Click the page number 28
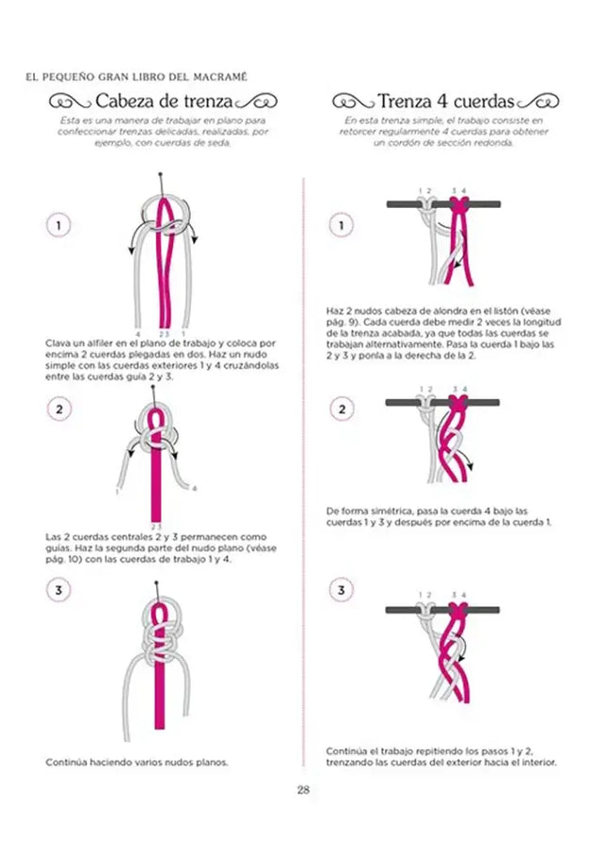[303, 789]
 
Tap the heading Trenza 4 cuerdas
[447, 101]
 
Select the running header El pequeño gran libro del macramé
[137, 75]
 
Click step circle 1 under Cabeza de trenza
[58, 226]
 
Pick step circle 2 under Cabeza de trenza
[58, 409]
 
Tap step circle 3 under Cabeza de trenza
[58, 590]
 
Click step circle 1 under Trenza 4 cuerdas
[340, 226]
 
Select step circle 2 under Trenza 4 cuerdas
[340, 409]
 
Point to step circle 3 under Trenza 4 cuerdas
[340, 590]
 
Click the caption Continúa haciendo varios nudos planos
[136, 762]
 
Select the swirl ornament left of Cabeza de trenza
[70, 102]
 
